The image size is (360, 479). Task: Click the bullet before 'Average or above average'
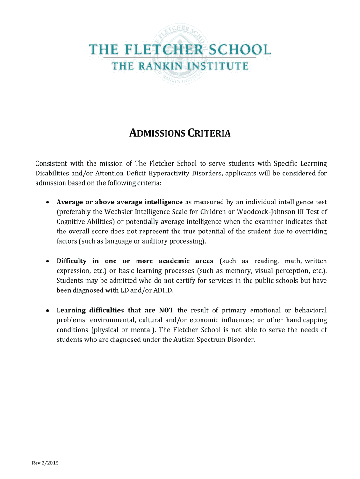tap(49, 202)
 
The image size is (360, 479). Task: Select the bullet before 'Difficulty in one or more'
tap(49, 261)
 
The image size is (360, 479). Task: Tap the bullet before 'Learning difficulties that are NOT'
tap(49, 310)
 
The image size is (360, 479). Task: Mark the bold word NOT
tap(167, 310)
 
